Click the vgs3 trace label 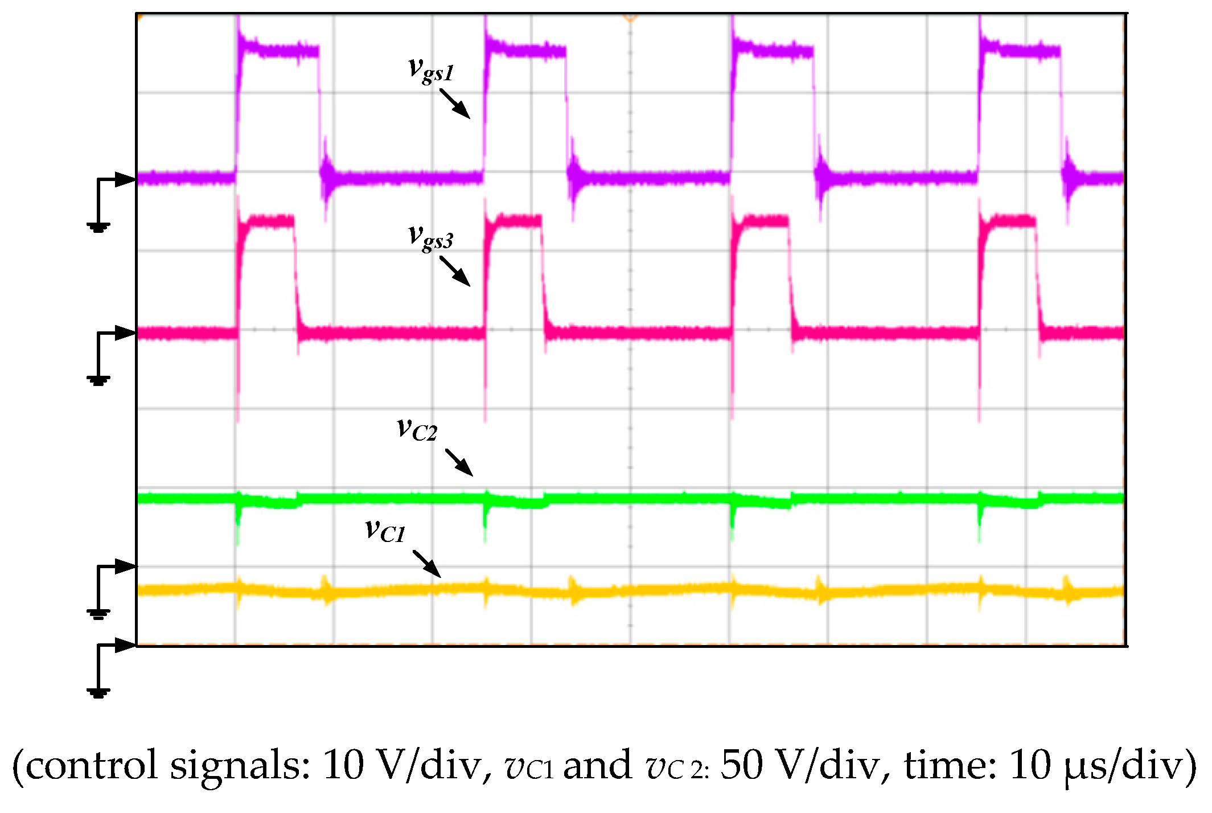[x=431, y=238]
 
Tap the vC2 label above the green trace [x=417, y=430]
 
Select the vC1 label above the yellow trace [x=385, y=531]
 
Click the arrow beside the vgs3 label [x=454, y=271]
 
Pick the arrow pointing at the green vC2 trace [x=458, y=462]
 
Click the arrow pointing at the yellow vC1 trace [x=426, y=563]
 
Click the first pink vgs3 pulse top [x=266, y=221]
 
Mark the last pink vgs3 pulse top [x=1008, y=221]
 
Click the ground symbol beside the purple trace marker [x=98, y=227]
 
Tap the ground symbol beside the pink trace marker [x=98, y=380]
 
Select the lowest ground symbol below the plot [x=98, y=692]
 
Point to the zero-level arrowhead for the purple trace [x=126, y=179]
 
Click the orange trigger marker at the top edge [x=630, y=19]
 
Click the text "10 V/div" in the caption [x=401, y=766]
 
